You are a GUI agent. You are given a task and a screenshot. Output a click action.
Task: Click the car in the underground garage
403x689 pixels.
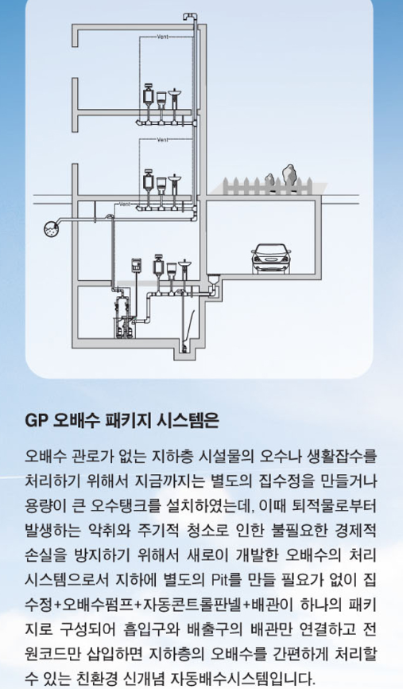click(x=271, y=259)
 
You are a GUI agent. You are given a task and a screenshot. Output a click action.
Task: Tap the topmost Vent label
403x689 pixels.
click(x=162, y=37)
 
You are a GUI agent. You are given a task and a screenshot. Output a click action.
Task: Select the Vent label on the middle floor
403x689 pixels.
click(x=162, y=140)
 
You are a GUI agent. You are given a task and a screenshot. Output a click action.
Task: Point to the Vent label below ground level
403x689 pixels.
click(x=125, y=204)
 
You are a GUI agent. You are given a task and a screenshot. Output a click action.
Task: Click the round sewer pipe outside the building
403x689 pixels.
click(x=52, y=228)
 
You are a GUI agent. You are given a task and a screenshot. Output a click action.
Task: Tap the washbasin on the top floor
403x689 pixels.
click(x=175, y=99)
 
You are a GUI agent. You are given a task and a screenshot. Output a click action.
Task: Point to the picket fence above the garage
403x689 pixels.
click(x=268, y=186)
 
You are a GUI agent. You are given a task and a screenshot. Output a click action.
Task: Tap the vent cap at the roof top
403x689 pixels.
click(x=189, y=17)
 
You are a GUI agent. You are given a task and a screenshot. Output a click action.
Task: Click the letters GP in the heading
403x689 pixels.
click(x=36, y=421)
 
